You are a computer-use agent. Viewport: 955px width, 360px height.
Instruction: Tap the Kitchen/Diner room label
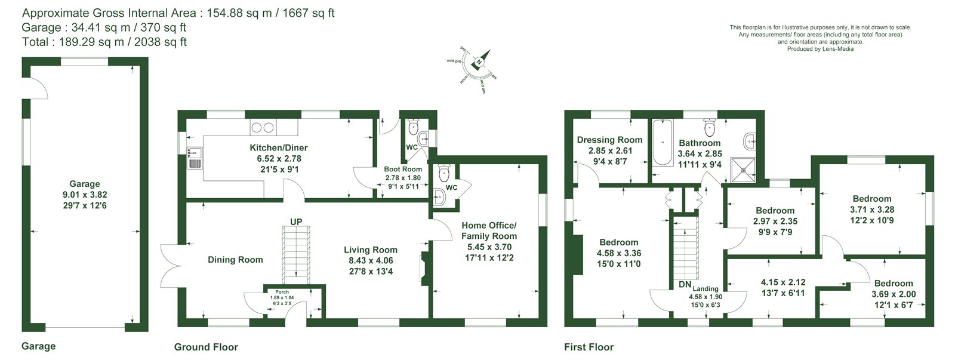pos(278,148)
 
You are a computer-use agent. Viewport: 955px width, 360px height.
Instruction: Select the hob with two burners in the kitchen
pos(263,127)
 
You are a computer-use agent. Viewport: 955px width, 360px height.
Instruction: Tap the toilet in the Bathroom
pos(710,127)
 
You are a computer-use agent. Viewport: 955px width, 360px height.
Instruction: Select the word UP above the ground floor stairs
pos(296,222)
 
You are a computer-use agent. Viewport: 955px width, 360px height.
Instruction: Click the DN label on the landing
pos(685,285)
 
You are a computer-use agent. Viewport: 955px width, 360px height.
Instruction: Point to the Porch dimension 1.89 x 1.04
pos(282,298)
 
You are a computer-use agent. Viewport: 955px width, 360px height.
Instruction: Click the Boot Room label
pos(403,170)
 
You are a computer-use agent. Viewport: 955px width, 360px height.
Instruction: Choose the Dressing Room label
pos(609,140)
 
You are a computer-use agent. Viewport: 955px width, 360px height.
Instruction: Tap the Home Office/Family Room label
pos(489,231)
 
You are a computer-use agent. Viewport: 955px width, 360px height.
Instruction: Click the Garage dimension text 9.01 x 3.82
pos(85,195)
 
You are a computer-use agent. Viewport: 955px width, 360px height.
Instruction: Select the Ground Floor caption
pos(206,347)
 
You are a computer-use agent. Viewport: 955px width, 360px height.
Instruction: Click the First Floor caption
pos(589,347)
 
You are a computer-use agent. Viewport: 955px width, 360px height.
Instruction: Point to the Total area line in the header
pos(104,42)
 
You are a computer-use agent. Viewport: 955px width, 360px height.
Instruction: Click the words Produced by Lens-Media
pos(820,49)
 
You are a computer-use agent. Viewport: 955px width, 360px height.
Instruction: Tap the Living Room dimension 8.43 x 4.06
pos(371,261)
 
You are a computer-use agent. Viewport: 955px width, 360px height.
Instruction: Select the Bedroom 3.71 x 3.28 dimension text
pos(872,210)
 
